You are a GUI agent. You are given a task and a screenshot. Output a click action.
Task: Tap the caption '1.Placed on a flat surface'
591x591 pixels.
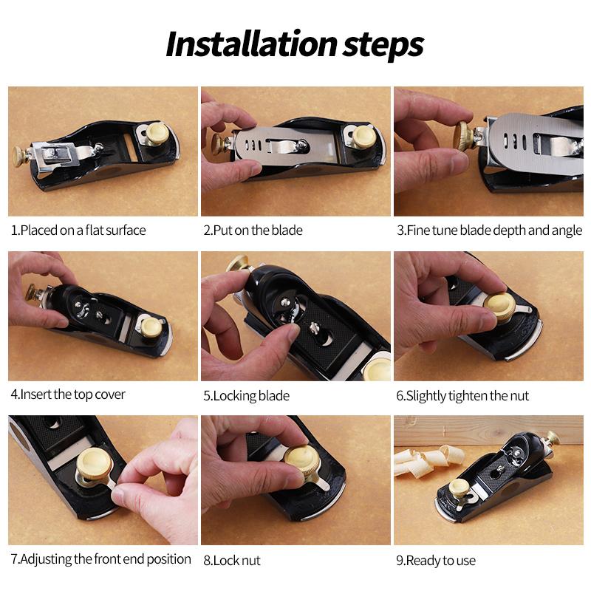click(x=78, y=230)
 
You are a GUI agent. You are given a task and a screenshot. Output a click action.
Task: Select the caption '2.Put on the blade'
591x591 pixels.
click(x=253, y=230)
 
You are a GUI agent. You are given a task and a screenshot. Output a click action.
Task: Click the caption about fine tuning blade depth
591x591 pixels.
click(x=489, y=230)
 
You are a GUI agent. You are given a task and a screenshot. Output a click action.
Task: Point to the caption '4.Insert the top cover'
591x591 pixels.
click(x=68, y=394)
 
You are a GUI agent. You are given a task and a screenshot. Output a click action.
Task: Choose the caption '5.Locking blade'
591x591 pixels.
click(x=246, y=395)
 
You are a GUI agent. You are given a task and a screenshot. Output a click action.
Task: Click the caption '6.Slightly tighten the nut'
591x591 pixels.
click(x=462, y=395)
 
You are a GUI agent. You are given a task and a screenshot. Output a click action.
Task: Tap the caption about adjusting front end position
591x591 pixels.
click(x=100, y=558)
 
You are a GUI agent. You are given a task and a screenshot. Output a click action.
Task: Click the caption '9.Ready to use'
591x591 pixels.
click(x=436, y=560)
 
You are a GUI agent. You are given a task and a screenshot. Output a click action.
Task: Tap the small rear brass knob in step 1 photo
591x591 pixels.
click(x=20, y=155)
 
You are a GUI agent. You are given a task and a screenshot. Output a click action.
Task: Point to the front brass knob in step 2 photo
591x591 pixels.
click(x=363, y=136)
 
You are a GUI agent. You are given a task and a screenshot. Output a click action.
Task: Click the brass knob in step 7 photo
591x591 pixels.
click(x=94, y=463)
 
